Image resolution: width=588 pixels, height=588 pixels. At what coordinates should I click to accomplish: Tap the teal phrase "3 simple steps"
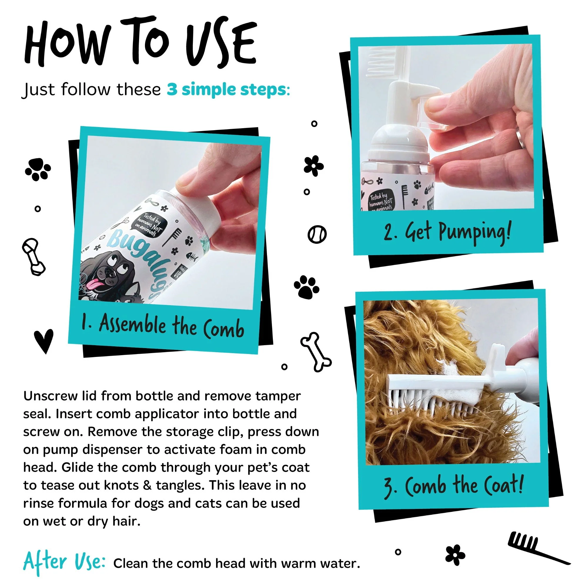pos(227,89)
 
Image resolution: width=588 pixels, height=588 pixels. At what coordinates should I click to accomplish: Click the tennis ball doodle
pos(317,234)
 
